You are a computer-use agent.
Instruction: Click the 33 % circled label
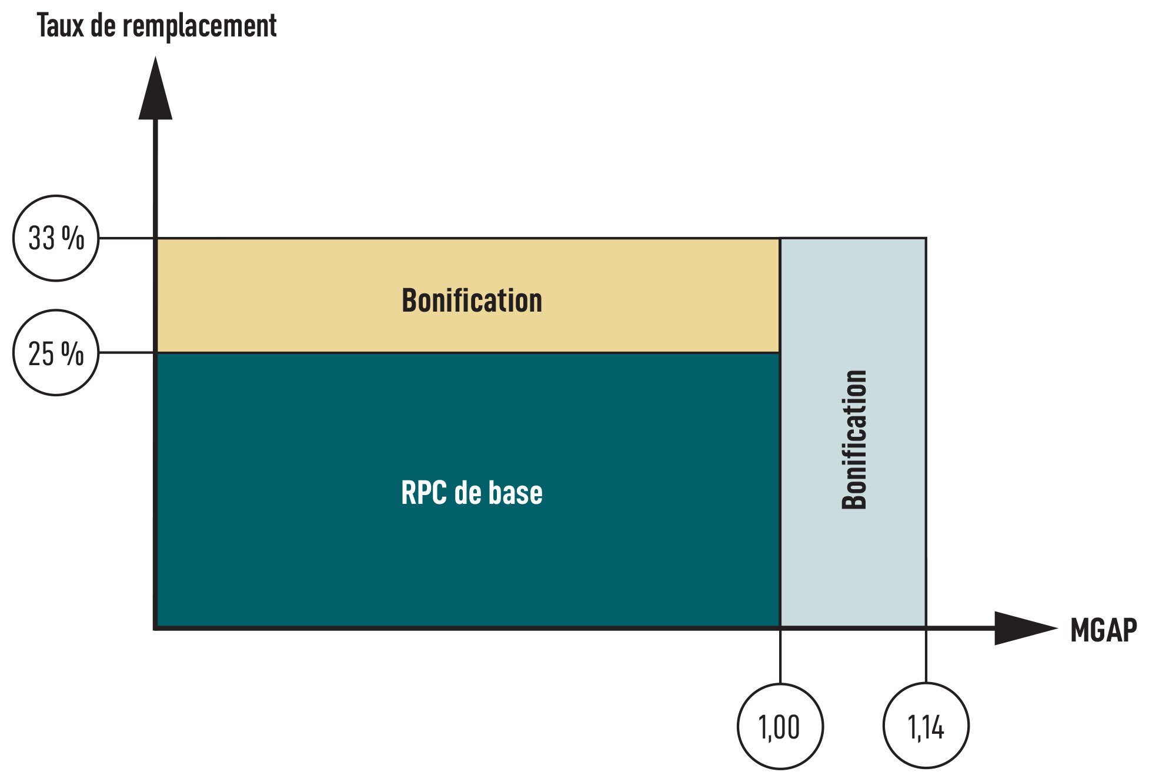click(x=56, y=238)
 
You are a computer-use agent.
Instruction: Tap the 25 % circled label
click(x=56, y=353)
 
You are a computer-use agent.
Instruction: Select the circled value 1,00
click(x=780, y=727)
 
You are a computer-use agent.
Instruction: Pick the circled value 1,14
click(x=926, y=727)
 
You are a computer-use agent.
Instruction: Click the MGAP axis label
click(x=1103, y=630)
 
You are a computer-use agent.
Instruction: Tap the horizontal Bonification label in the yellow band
click(x=472, y=300)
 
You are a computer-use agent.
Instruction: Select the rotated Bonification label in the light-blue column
click(x=854, y=439)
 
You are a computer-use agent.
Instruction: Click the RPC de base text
click(x=472, y=493)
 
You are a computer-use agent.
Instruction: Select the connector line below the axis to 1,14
click(x=926, y=656)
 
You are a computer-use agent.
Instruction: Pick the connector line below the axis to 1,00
click(x=780, y=656)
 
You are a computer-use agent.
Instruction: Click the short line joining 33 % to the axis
click(x=126, y=238)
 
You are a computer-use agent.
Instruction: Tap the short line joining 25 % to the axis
click(x=126, y=353)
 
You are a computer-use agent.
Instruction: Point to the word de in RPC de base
click(x=467, y=493)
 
